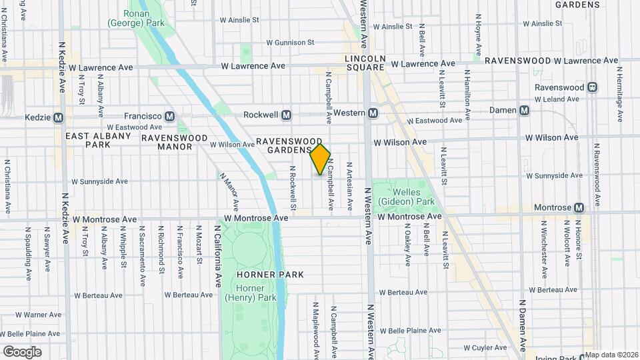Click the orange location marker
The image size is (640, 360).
pyautogui.click(x=321, y=159)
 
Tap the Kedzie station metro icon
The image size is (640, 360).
pyautogui.click(x=58, y=117)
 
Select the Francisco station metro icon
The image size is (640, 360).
pyautogui.click(x=169, y=115)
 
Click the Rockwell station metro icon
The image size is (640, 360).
pyautogui.click(x=287, y=115)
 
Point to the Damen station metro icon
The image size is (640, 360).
pyautogui.click(x=524, y=110)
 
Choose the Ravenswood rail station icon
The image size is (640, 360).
pyautogui.click(x=591, y=87)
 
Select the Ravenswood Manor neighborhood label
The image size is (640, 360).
pyautogui.click(x=167, y=142)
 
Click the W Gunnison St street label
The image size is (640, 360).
pyautogui.click(x=290, y=42)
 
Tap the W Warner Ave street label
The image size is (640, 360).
pyautogui.click(x=38, y=314)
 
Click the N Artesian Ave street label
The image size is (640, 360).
pyautogui.click(x=349, y=184)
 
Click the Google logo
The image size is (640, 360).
pyautogui.click(x=22, y=352)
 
